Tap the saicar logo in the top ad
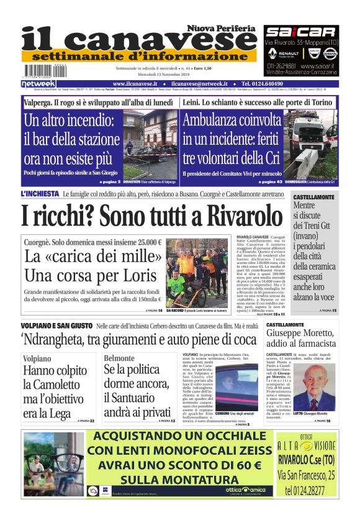300,32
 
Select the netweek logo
38,83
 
